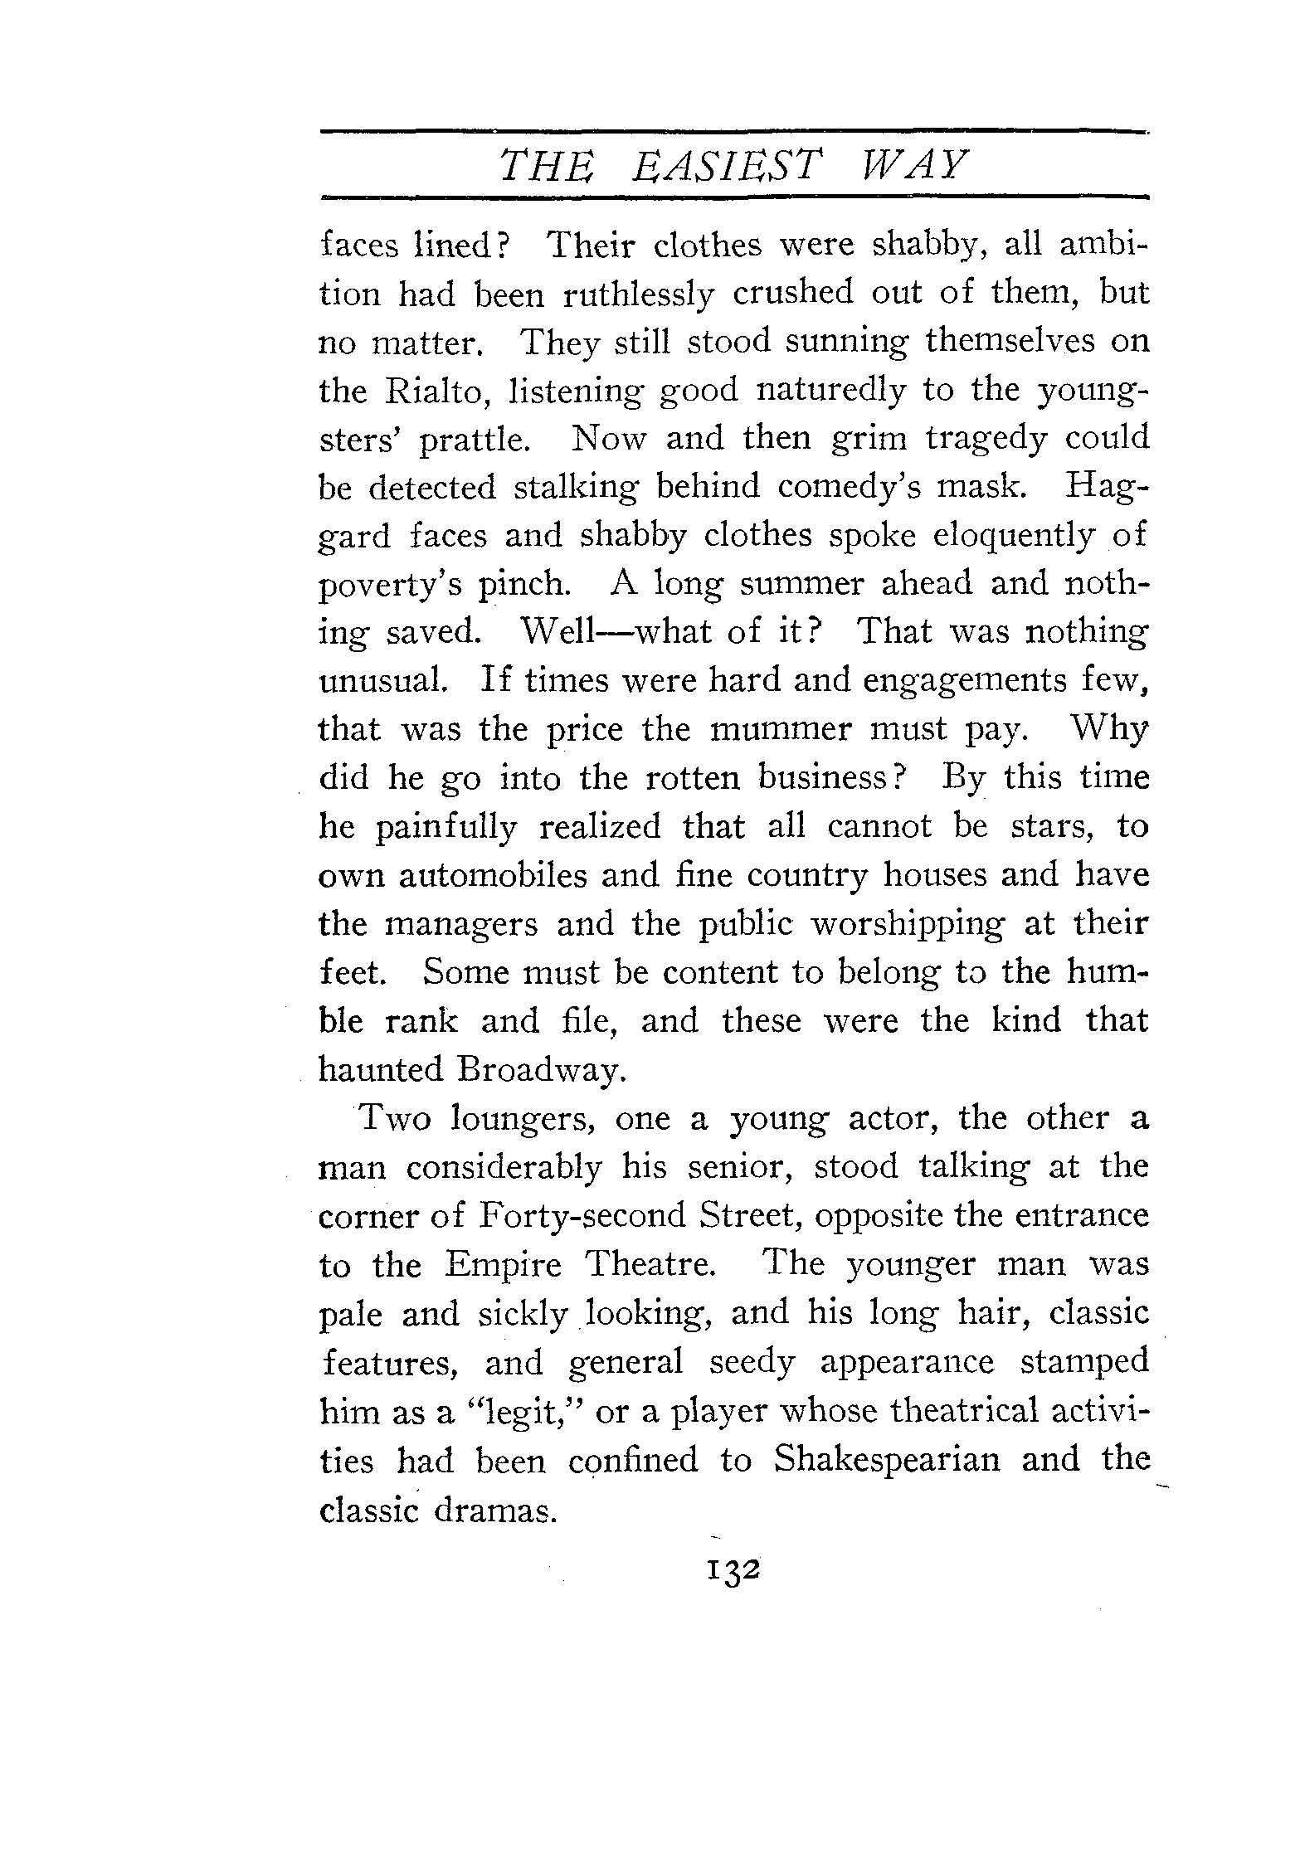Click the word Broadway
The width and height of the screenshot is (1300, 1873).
pos(538,1070)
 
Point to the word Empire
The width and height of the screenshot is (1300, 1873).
pos(503,1265)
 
